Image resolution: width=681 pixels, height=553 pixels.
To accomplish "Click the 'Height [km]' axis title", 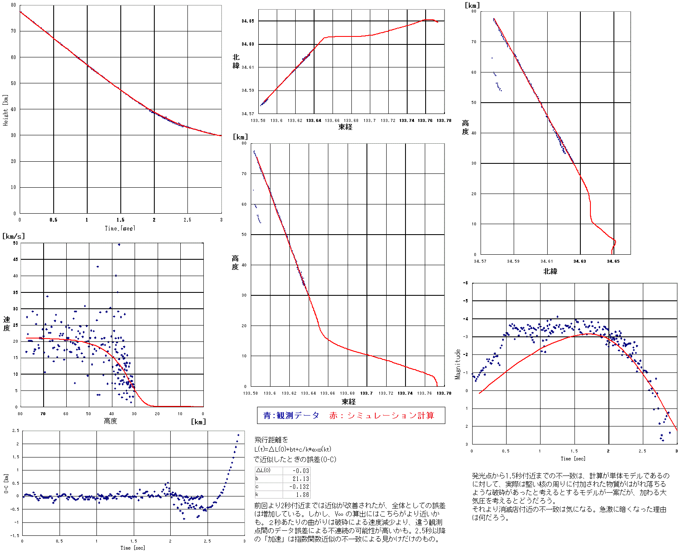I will click(5, 110).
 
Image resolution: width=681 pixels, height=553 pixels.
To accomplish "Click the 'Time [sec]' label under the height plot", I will click(120, 228).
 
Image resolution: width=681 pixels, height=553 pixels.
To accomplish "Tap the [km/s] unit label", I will click(13, 236).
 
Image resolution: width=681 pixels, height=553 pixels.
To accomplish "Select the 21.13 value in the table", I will click(300, 478).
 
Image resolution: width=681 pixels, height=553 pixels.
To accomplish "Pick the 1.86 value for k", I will click(302, 494).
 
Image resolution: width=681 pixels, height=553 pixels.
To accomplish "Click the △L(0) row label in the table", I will click(263, 470).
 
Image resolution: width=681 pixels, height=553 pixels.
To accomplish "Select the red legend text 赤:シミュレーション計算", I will click(382, 415).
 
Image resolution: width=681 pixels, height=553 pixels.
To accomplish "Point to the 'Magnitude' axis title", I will click(458, 364).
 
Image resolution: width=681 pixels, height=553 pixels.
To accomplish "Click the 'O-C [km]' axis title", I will click(6, 483).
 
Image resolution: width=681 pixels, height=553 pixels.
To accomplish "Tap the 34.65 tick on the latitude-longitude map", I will click(248, 21).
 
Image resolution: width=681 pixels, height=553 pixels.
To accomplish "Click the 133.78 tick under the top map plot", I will click(444, 120).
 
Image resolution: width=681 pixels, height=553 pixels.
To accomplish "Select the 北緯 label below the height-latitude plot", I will click(550, 271).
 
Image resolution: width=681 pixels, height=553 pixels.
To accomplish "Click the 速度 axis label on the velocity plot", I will click(7, 323).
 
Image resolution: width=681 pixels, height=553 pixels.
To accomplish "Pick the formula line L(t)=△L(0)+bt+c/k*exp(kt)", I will click(293, 449).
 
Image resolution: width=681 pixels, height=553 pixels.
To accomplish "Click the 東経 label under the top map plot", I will click(346, 127).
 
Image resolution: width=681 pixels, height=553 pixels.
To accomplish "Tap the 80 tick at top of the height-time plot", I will click(13, 5).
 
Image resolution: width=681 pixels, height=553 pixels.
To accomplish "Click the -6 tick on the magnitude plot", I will click(465, 283).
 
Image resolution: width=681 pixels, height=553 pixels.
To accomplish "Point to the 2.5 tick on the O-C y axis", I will click(16, 431).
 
